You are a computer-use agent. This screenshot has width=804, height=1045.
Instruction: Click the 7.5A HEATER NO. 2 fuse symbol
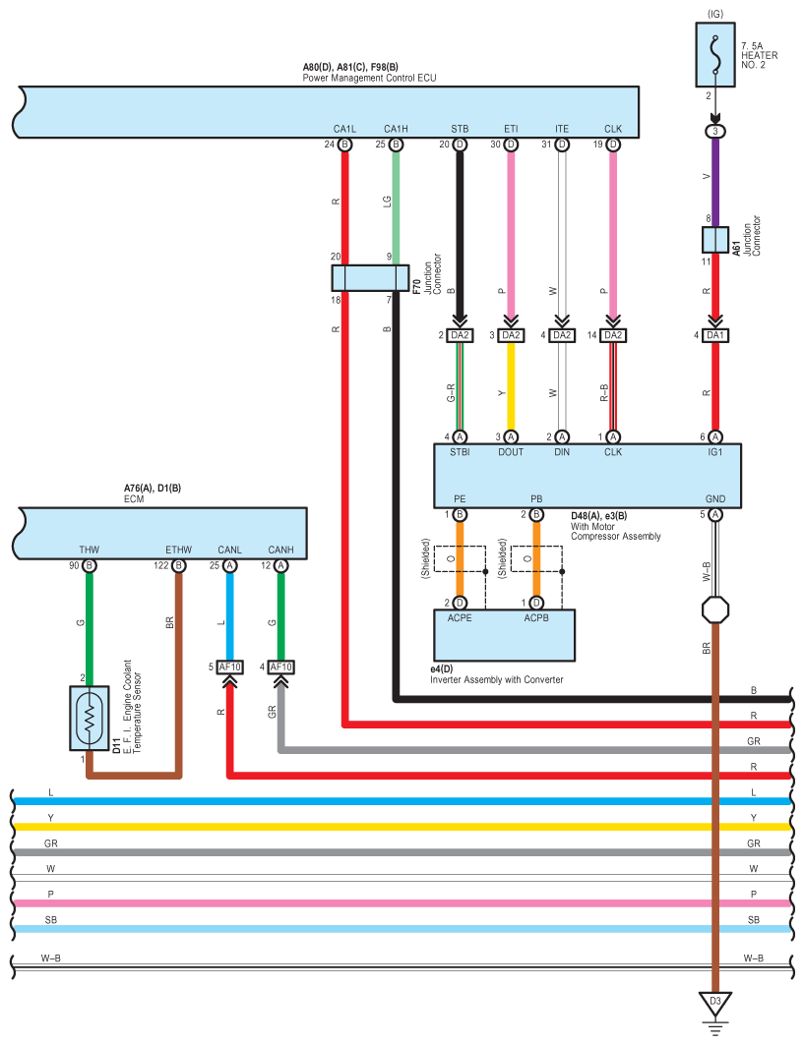point(715,55)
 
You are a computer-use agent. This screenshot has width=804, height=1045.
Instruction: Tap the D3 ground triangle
point(715,1003)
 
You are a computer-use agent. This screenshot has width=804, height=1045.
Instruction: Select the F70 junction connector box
point(370,278)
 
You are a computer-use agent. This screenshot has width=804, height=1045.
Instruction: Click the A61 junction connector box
point(715,240)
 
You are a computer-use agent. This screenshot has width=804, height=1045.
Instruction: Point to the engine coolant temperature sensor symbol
point(90,718)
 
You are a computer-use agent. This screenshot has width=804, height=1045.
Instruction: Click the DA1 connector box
point(715,335)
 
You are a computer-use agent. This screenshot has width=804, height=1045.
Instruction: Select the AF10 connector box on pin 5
point(229,668)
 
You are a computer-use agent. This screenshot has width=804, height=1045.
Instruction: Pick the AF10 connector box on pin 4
point(280,668)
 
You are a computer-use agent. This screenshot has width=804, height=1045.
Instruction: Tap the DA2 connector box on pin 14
point(613,335)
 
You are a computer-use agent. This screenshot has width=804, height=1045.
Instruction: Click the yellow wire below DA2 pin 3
point(511,386)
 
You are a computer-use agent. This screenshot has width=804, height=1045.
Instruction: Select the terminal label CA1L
point(345,129)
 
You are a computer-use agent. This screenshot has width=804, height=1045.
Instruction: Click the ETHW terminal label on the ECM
point(178,550)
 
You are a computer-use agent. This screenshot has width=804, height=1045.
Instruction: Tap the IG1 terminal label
point(715,452)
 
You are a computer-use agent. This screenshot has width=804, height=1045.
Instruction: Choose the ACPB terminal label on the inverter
point(536,617)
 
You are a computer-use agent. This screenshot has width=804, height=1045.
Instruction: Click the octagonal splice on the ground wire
point(715,610)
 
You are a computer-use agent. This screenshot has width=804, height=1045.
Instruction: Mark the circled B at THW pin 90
point(90,566)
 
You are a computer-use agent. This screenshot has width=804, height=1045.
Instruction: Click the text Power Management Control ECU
point(369,78)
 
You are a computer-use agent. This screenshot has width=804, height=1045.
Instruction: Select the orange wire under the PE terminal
point(460,558)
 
